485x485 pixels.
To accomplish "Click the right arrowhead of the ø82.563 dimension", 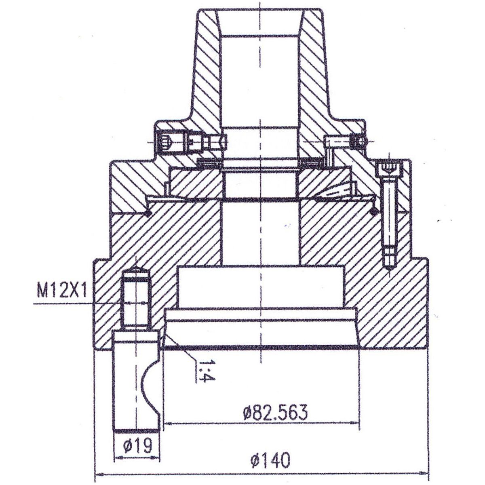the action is point(354,424).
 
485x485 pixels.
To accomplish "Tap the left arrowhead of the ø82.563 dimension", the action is point(169,424).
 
